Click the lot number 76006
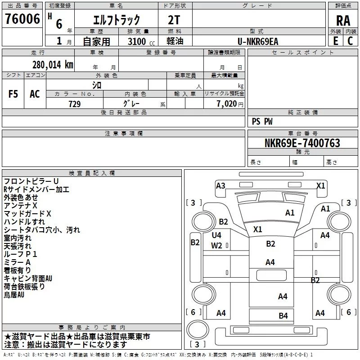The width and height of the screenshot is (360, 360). coord(22,19)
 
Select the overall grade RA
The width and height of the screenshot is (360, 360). coord(343,20)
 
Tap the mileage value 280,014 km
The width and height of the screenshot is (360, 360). coord(53,64)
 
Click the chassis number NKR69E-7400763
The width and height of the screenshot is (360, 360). coord(302,143)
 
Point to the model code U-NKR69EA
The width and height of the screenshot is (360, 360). coord(258,41)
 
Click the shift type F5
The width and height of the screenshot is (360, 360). coord(13,94)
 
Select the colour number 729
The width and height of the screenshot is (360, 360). coord(74,104)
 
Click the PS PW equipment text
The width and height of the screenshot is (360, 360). coord(262,121)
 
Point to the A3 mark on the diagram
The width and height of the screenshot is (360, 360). coord(220,185)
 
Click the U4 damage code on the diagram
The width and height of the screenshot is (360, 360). coord(216,235)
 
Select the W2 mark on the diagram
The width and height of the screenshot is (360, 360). coord(216,245)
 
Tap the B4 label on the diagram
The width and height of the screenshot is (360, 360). coord(283,315)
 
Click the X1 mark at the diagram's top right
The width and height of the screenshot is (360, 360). coord(321,185)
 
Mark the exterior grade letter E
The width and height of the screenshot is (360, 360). coord(335,41)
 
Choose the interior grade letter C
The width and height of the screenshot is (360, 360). coord(351,41)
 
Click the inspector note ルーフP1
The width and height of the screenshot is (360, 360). coord(20,254)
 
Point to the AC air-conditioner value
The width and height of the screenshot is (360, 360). coord(35,94)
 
